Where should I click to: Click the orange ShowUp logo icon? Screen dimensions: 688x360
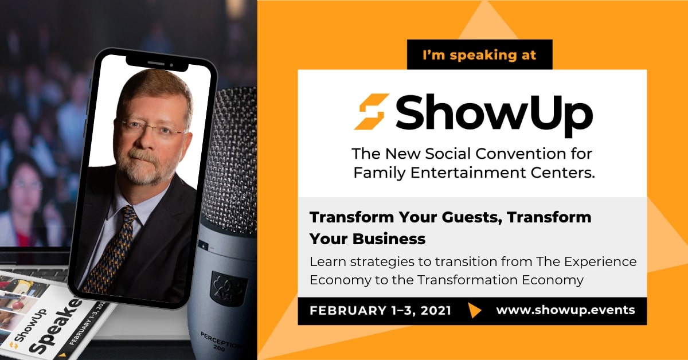pos(372,112)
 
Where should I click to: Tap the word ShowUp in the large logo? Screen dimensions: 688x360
pos(494,115)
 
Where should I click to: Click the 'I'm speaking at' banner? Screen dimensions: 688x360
pos(479,54)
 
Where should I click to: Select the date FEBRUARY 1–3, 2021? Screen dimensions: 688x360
pos(380,311)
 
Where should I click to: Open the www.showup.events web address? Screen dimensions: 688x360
pos(565,310)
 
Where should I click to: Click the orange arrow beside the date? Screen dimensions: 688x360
pos(474,310)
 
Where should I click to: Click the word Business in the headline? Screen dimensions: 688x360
pos(389,239)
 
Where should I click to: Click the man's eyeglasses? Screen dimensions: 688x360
pos(152,128)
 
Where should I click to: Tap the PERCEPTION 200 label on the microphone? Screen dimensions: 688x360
pos(220,341)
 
